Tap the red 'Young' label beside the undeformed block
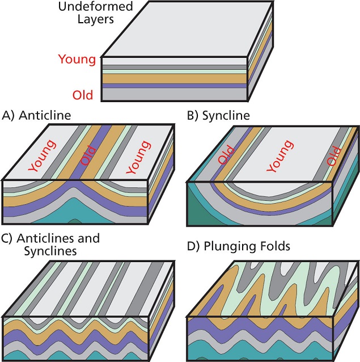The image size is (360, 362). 77,60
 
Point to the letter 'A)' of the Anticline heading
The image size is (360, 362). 9,116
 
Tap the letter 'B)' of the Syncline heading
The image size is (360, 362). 193,116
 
